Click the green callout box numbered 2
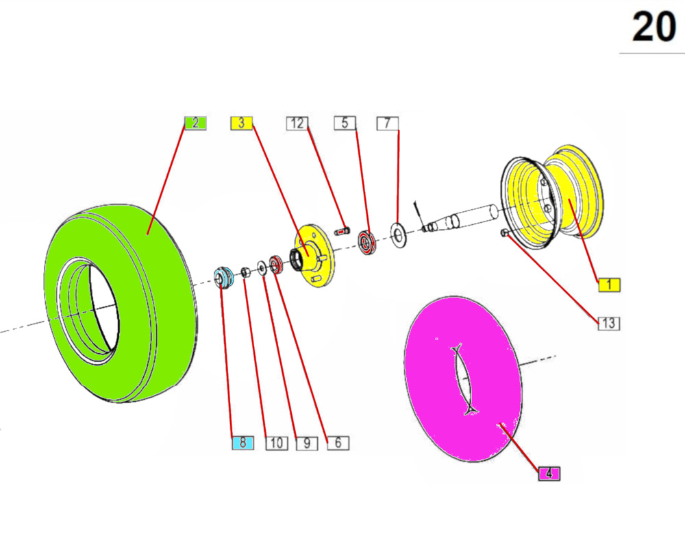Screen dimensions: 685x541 (x=195, y=123)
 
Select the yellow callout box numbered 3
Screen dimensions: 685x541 (x=242, y=123)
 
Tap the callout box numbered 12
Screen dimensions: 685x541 (x=297, y=123)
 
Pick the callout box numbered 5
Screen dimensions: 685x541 (x=345, y=123)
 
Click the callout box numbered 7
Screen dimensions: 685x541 (x=388, y=123)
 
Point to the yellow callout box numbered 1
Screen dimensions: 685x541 (x=609, y=285)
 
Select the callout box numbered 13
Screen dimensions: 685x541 (x=609, y=324)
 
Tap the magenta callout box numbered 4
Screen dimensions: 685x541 (x=549, y=474)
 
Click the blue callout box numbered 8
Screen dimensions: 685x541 (x=242, y=443)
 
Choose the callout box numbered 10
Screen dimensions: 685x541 (x=277, y=443)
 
